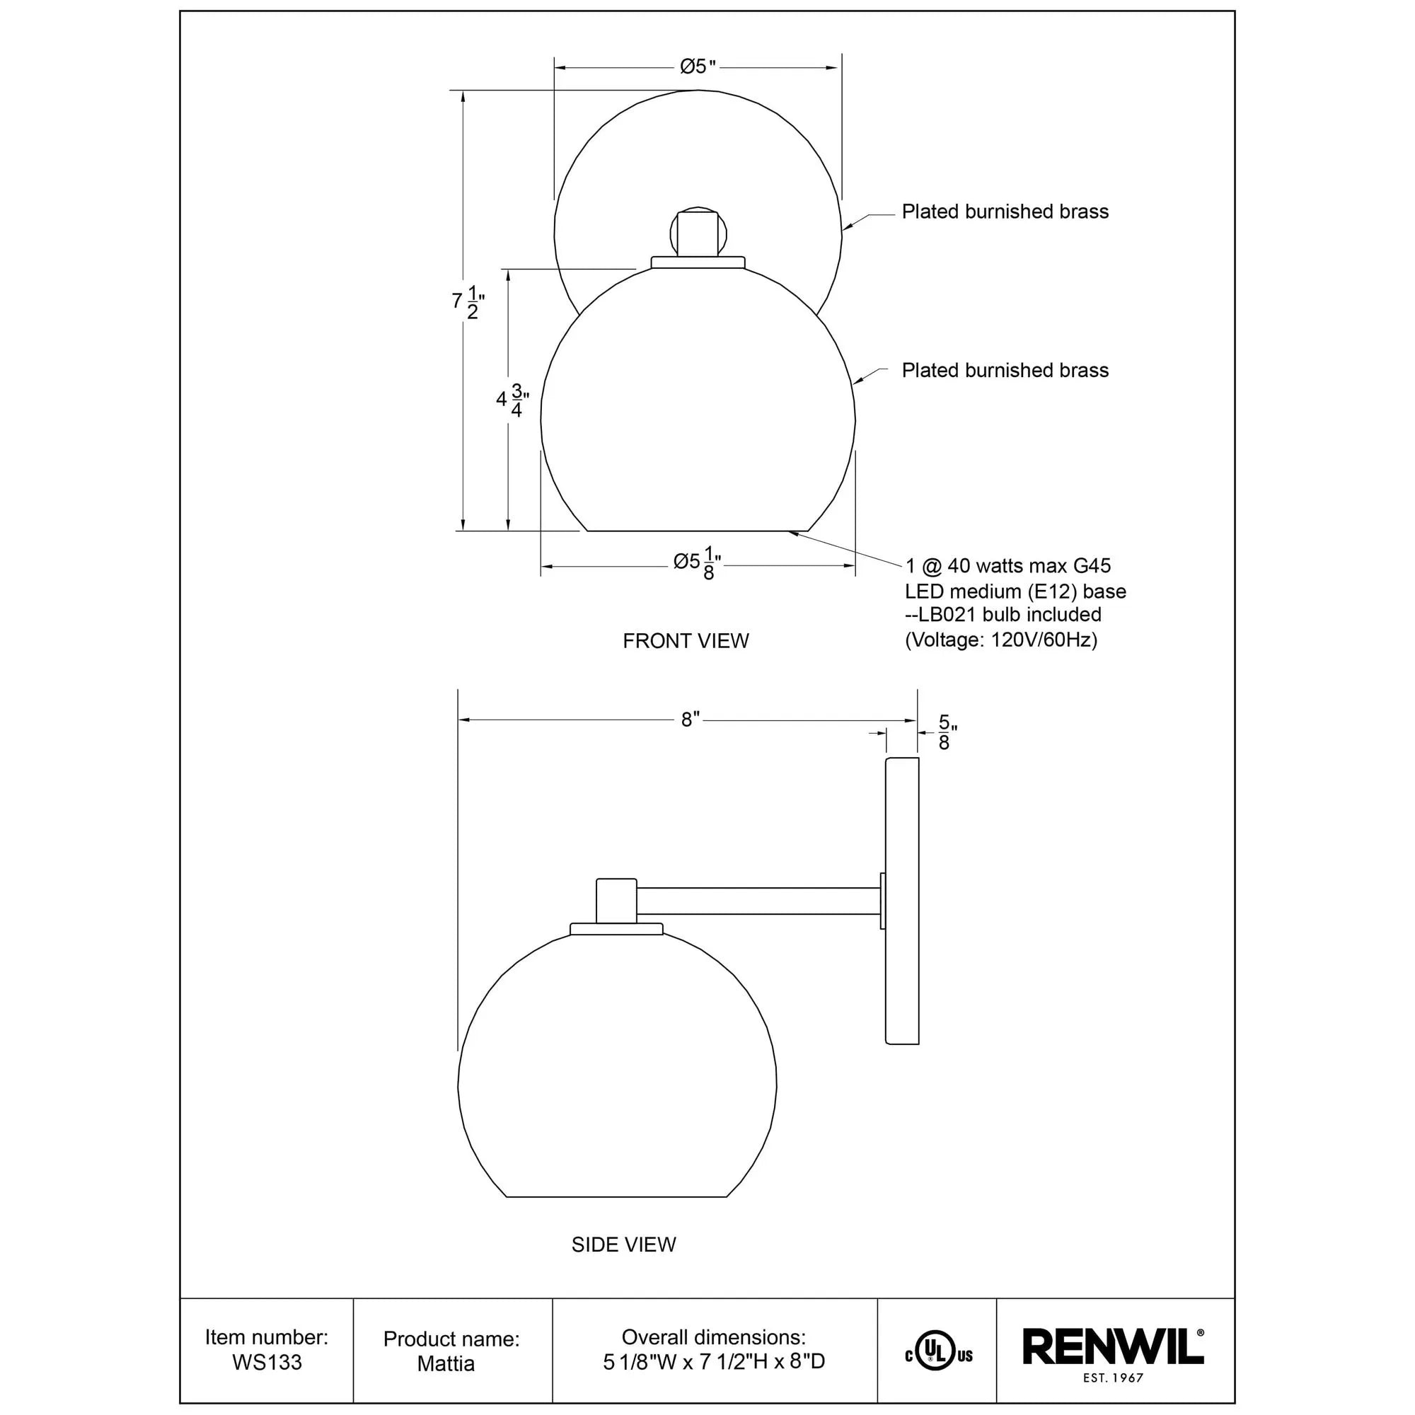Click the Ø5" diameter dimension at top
[x=696, y=67]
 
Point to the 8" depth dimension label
[x=690, y=720]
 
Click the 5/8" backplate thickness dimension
[x=945, y=732]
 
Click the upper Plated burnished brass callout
[x=1004, y=212]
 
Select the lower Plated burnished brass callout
[x=1004, y=371]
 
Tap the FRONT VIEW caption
[x=686, y=641]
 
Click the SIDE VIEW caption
[x=623, y=1244]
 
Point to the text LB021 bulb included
[x=1003, y=615]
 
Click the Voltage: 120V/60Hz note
[x=1000, y=640]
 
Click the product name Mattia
[x=445, y=1364]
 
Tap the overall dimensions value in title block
[x=713, y=1361]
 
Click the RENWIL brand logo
[x=1113, y=1349]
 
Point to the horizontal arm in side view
[x=758, y=901]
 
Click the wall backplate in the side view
[x=901, y=901]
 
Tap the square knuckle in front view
[x=698, y=233]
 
